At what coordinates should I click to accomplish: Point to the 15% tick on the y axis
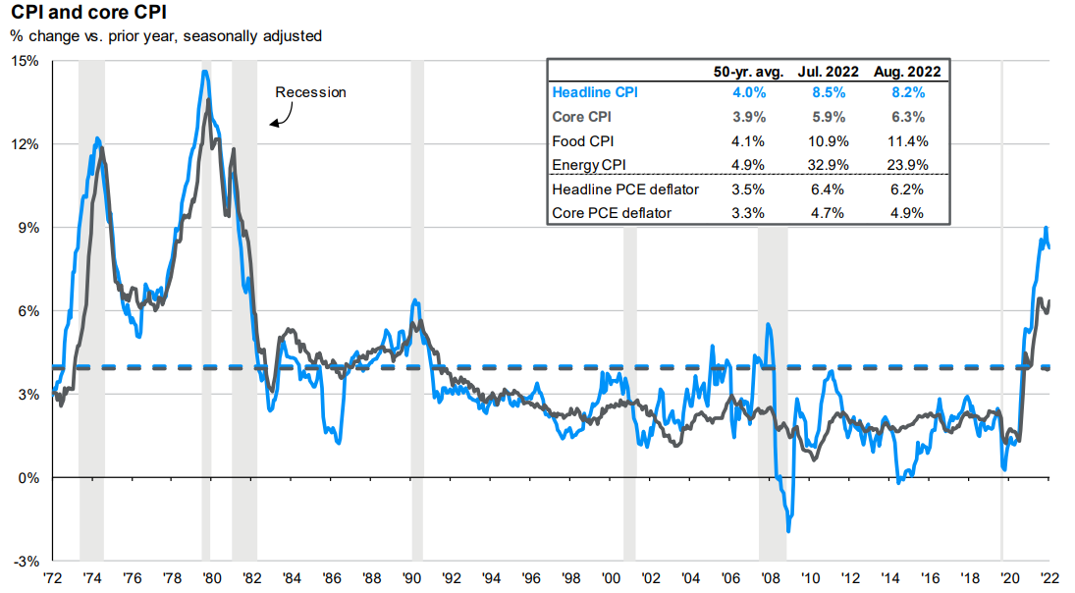pyautogui.click(x=27, y=61)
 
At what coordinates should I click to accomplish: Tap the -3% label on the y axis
pyautogui.click(x=27, y=562)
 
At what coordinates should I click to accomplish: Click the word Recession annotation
pyautogui.click(x=310, y=92)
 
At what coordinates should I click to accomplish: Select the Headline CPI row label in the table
pyautogui.click(x=595, y=93)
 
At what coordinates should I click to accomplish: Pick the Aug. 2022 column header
pyautogui.click(x=908, y=71)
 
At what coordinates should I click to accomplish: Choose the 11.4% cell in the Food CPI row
pyautogui.click(x=908, y=140)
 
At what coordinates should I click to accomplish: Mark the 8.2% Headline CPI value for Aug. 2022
pyautogui.click(x=908, y=93)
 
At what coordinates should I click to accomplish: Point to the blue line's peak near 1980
pyautogui.click(x=204, y=71)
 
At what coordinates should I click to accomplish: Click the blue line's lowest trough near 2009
pyautogui.click(x=788, y=531)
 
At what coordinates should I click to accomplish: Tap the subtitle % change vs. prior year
pyautogui.click(x=165, y=36)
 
